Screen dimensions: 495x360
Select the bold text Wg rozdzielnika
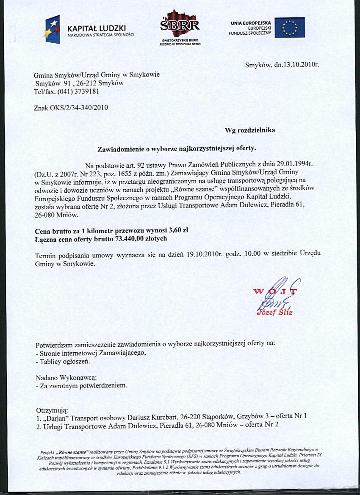point(250,130)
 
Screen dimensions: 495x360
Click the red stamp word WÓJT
point(275,292)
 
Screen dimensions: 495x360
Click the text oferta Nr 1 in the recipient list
point(293,416)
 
